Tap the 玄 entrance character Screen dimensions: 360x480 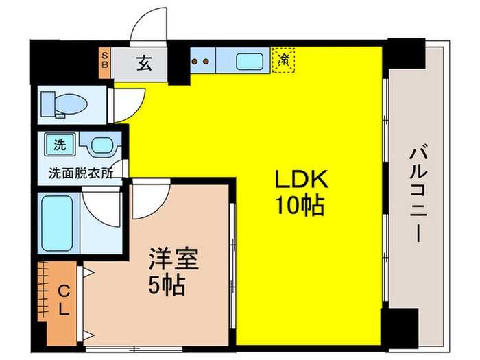coord(143,63)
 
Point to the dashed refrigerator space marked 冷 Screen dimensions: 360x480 coord(283,60)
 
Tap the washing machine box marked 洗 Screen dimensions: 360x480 coord(60,145)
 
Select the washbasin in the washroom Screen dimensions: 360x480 coord(101,146)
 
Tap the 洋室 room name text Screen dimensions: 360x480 coord(174,260)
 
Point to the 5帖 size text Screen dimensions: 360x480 coord(169,285)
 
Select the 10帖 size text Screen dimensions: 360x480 coord(302,204)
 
